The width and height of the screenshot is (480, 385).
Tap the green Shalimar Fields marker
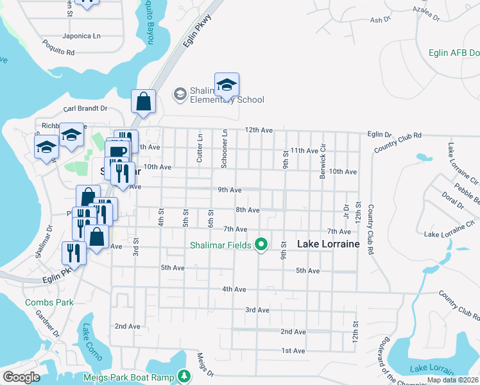pyautogui.click(x=261, y=244)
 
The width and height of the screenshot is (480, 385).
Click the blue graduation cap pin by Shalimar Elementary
pyautogui.click(x=227, y=85)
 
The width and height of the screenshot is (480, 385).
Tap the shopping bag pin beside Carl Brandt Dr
pyautogui.click(x=143, y=101)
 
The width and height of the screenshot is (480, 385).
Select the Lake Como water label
pyautogui.click(x=86, y=341)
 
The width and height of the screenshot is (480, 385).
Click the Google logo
pyautogui.click(x=21, y=377)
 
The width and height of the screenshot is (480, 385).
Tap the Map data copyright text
pyautogui.click(x=452, y=380)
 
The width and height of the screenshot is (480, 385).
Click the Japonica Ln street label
pyautogui.click(x=81, y=37)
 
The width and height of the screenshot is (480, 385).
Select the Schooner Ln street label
pyautogui.click(x=225, y=149)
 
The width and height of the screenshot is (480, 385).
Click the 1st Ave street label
pyautogui.click(x=293, y=350)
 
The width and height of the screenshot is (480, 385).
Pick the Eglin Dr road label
pyautogui.click(x=379, y=135)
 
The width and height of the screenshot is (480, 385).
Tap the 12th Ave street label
pyautogui.click(x=259, y=130)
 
